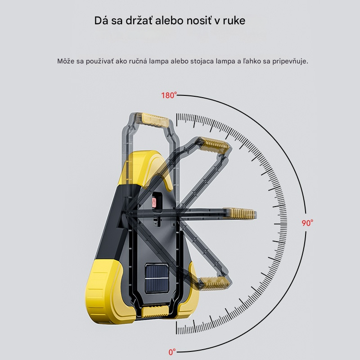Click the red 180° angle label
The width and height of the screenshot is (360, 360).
pos(169,95)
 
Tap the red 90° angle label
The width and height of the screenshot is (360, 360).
pos(307,223)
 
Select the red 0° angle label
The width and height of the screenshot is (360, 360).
pos(172,352)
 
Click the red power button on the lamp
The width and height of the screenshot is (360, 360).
pos(154,202)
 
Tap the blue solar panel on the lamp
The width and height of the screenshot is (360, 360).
pos(157,278)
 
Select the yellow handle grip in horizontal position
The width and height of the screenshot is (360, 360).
pos(240,213)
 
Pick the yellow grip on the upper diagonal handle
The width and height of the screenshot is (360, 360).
pos(214,145)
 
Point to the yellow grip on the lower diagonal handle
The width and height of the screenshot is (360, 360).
pos(214,284)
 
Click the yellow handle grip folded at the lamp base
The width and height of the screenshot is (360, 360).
pos(155,311)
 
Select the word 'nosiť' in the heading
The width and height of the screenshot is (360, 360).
pos(199,20)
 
